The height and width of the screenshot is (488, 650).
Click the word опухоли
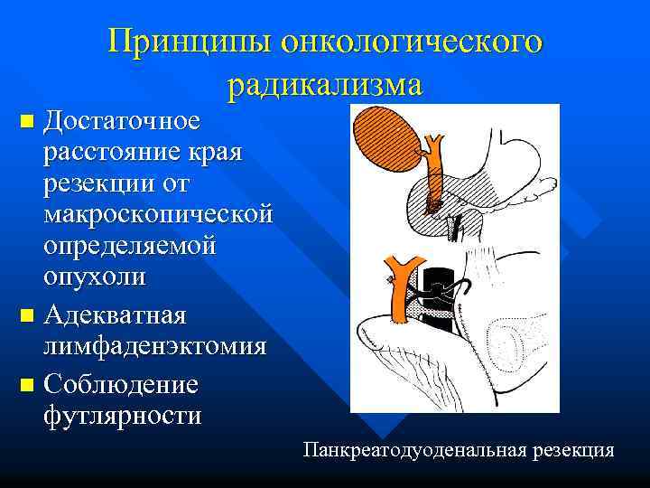[x=93, y=277]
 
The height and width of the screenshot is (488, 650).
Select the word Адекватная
[x=115, y=317]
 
